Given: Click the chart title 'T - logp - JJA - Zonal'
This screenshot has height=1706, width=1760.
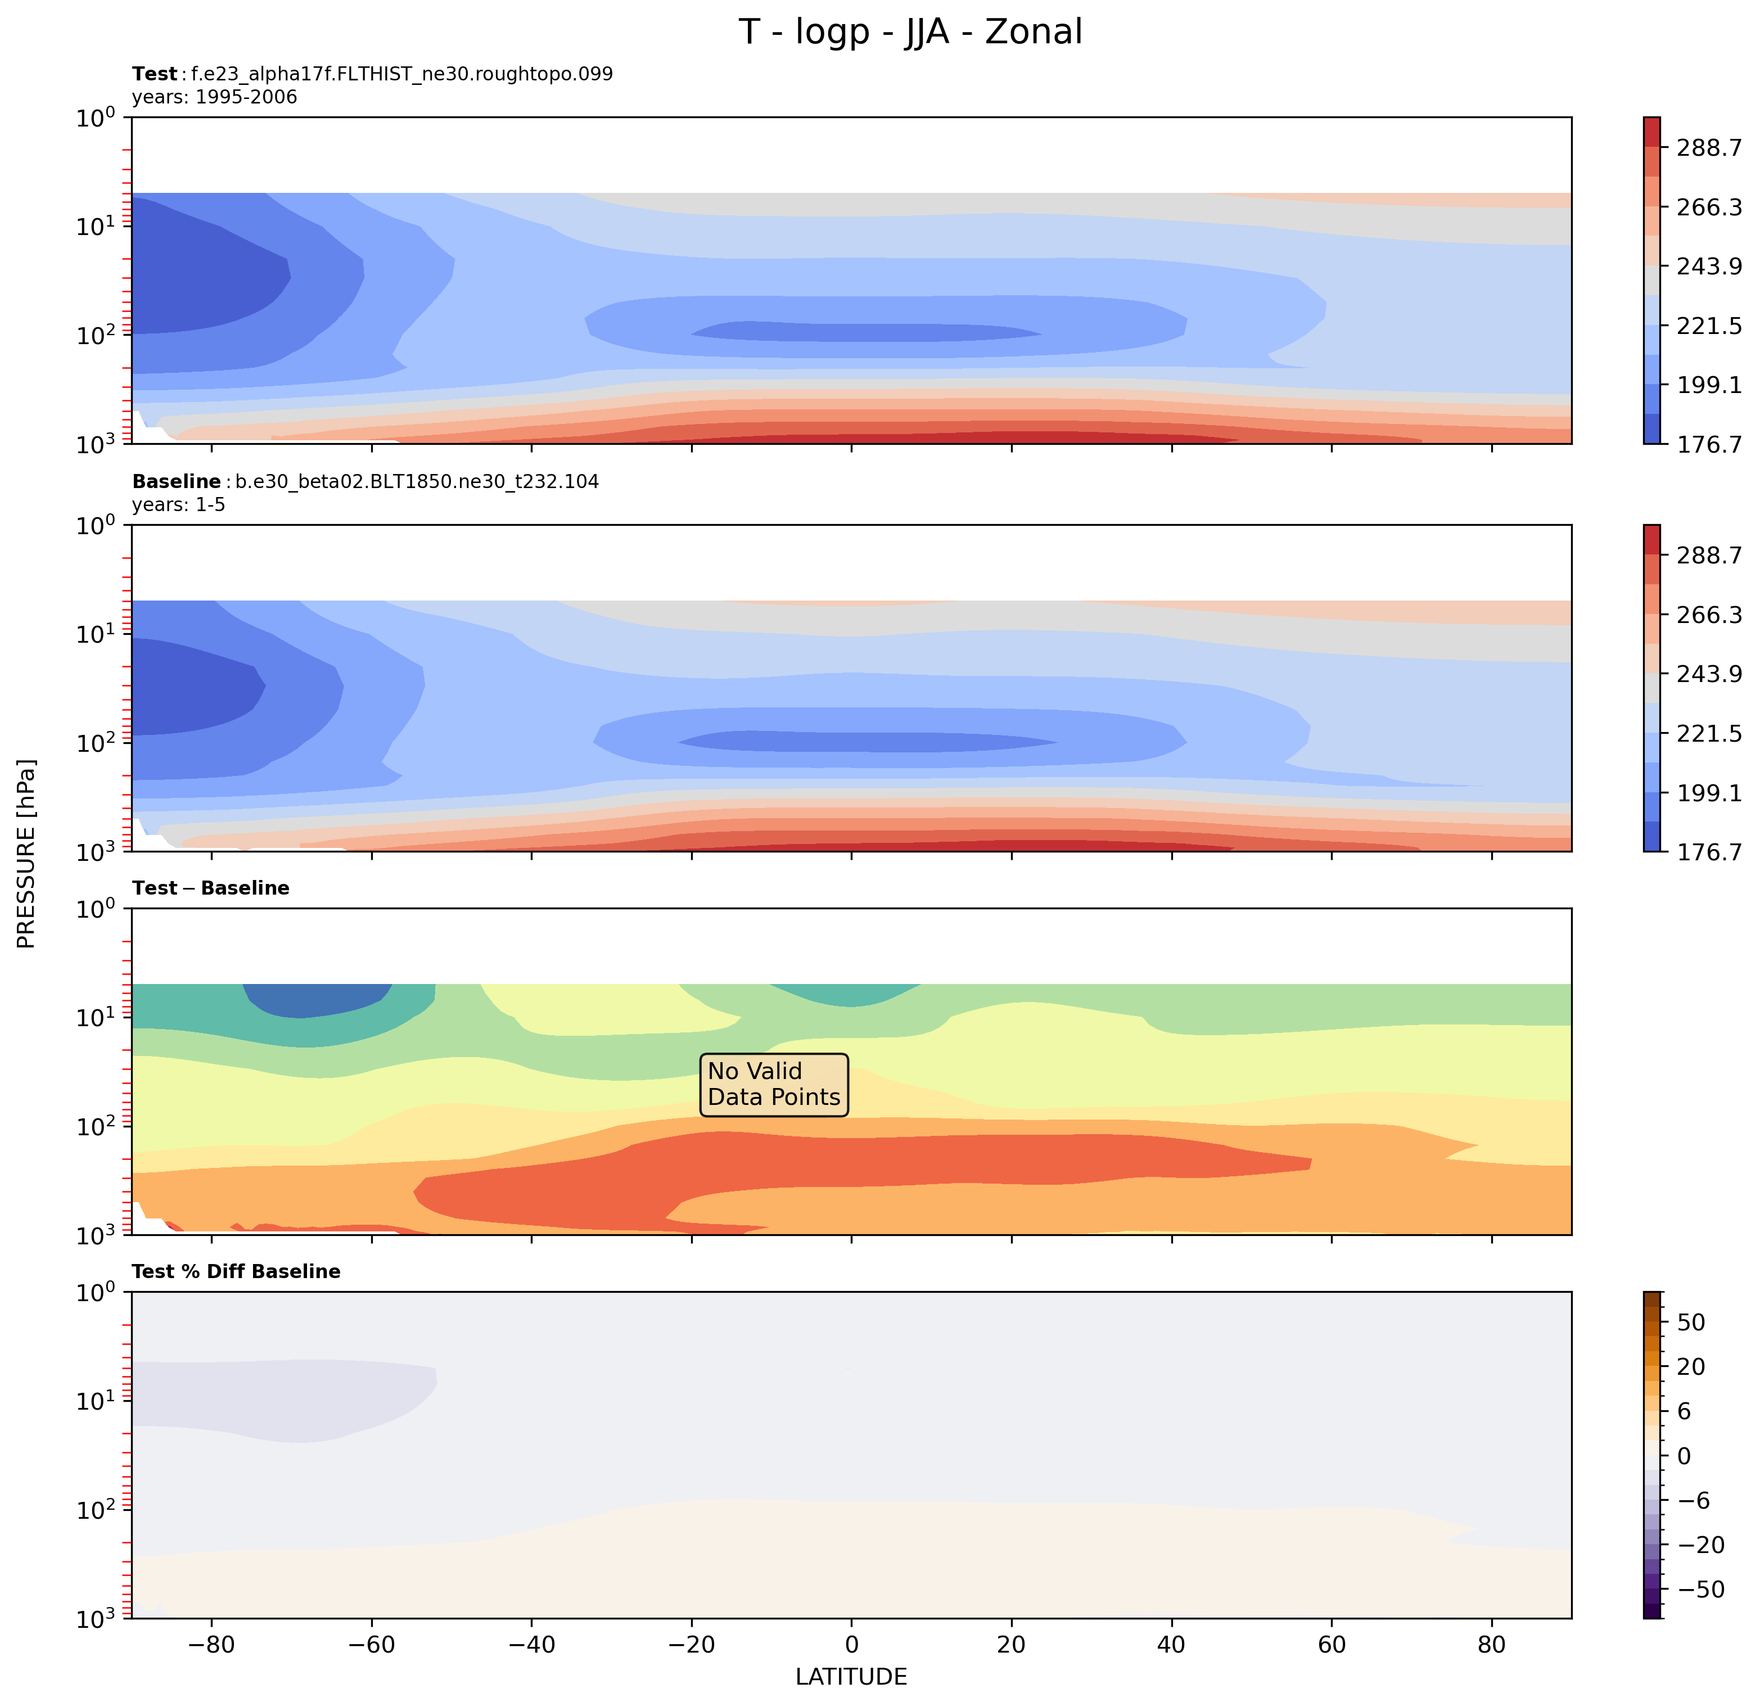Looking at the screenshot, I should (910, 32).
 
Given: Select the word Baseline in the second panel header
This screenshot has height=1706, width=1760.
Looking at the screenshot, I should (176, 482).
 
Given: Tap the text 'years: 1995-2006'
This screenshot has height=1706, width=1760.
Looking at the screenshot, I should (215, 97).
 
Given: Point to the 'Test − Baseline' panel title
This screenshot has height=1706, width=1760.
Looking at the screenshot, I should (211, 888).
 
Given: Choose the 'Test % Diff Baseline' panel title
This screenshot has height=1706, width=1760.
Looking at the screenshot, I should (236, 1271).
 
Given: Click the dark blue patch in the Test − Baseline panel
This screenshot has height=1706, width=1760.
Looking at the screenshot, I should (314, 999).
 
